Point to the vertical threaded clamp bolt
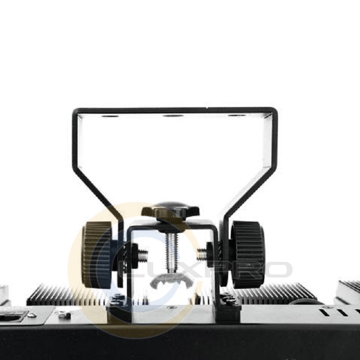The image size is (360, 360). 172,252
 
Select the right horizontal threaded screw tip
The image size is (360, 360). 202,254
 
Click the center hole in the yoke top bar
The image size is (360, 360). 173,115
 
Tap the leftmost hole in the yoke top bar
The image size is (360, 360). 109,116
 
